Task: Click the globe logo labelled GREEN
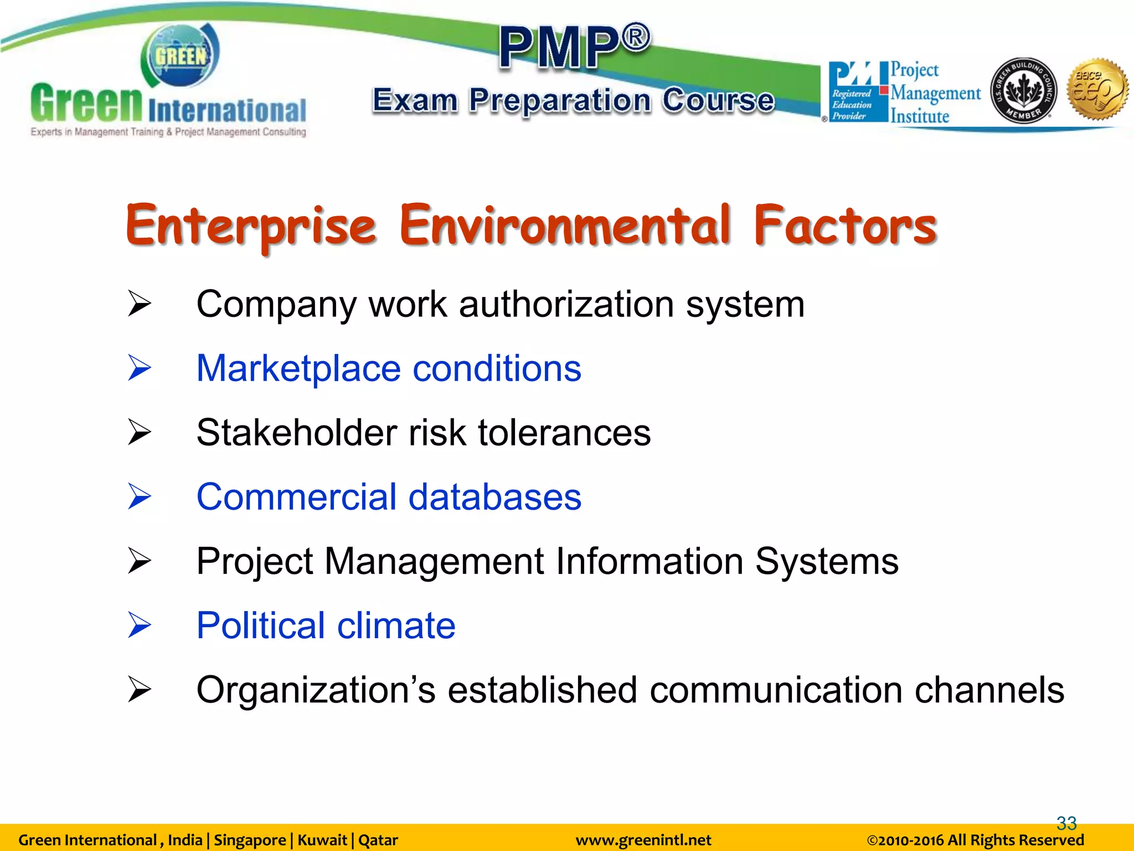point(181,56)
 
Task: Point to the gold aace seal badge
point(1098,89)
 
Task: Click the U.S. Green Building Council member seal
point(1023,90)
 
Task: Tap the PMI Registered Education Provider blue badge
point(853,92)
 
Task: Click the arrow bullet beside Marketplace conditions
point(139,368)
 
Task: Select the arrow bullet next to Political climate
point(139,625)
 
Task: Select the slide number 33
point(1066,823)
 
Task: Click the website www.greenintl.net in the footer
point(643,840)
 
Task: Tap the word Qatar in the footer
point(378,840)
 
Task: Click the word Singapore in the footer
point(250,840)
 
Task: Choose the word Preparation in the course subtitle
point(560,101)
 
